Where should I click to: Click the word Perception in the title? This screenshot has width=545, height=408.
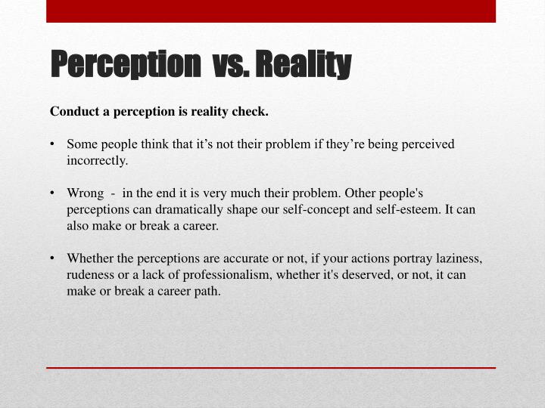(x=122, y=65)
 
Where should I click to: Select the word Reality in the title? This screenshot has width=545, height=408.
(x=303, y=65)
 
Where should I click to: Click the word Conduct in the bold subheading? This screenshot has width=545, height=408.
(x=75, y=112)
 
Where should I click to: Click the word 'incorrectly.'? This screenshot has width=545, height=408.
(x=97, y=160)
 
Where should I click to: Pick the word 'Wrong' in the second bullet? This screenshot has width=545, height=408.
(x=85, y=193)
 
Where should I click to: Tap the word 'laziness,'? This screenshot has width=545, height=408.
(x=456, y=258)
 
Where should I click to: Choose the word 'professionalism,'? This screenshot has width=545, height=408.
(x=228, y=275)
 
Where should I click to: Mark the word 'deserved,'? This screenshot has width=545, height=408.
(x=369, y=275)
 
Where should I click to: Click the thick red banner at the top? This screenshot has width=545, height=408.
(x=271, y=11)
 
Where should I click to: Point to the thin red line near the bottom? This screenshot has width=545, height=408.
(x=271, y=367)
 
